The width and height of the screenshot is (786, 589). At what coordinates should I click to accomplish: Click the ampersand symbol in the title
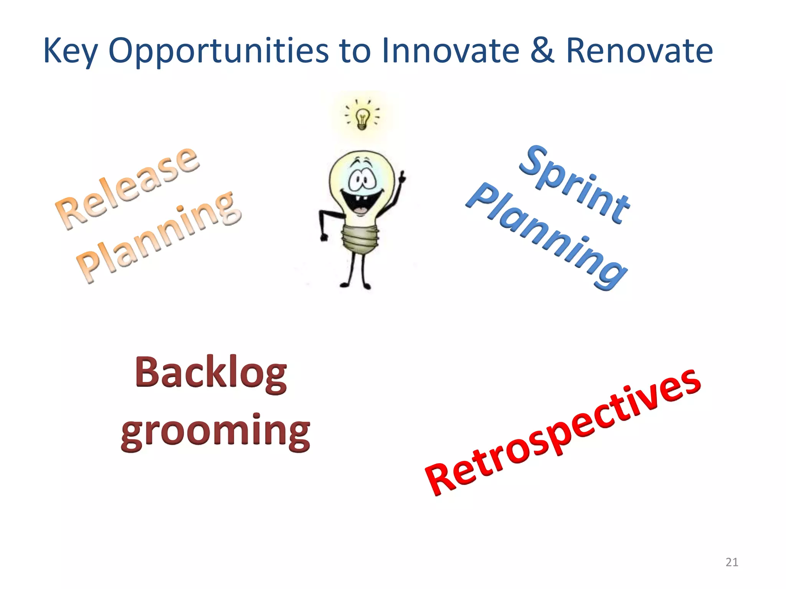point(542,51)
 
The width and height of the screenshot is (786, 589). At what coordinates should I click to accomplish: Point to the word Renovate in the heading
point(639,51)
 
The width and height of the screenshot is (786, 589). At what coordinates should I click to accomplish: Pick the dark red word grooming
point(215,431)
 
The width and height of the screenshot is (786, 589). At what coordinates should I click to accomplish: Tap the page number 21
point(732,562)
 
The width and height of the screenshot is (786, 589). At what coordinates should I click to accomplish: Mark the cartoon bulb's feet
point(355,286)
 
